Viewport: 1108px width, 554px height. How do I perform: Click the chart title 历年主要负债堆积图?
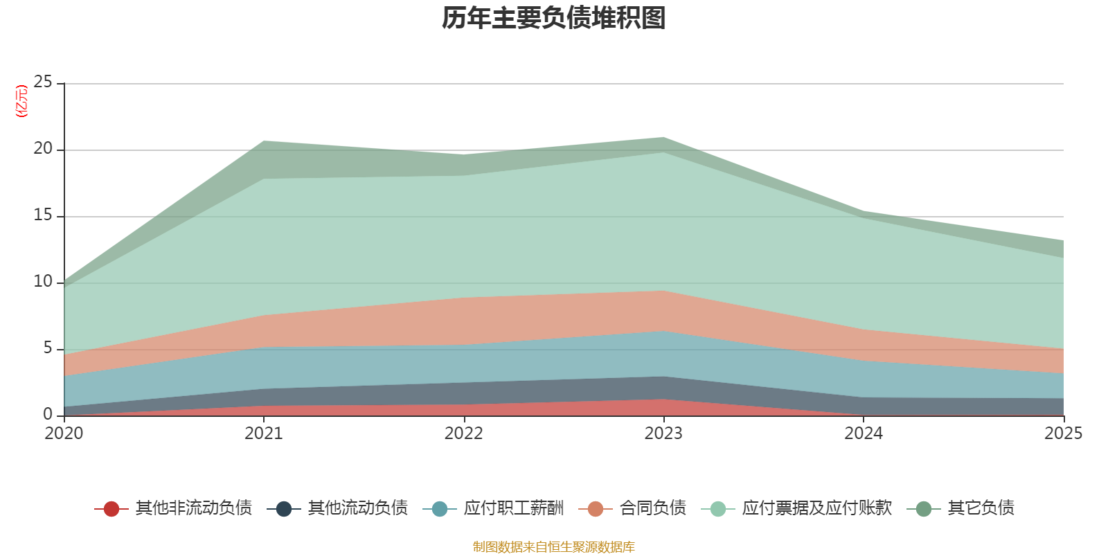click(x=554, y=19)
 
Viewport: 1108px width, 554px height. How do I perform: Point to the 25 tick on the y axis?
click(x=43, y=82)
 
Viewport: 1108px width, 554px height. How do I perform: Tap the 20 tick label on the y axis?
click(x=43, y=149)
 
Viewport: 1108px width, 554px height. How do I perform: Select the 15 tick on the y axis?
click(x=43, y=215)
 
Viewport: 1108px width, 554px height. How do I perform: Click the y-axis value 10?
click(x=43, y=282)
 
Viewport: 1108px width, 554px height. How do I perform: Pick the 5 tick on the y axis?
click(x=48, y=348)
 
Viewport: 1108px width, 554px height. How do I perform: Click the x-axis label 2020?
click(x=64, y=434)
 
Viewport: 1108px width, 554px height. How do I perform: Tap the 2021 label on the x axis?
click(x=264, y=434)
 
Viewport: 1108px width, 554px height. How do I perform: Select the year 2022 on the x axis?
click(x=463, y=434)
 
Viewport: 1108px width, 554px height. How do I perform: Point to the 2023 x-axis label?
click(x=663, y=434)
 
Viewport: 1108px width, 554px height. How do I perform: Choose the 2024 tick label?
click(x=863, y=434)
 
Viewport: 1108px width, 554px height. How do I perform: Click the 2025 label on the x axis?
click(x=1063, y=434)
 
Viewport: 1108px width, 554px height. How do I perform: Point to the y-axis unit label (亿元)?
click(x=21, y=101)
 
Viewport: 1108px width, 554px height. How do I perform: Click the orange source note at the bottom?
click(x=554, y=547)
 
